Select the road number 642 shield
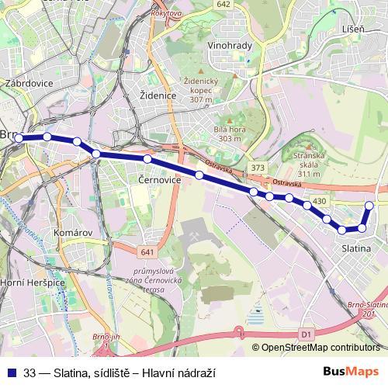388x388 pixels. tap(224, 4)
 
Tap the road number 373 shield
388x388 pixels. tap(258, 168)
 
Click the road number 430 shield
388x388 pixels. tap(320, 202)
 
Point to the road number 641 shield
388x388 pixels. tap(147, 252)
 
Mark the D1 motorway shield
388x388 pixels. tap(305, 334)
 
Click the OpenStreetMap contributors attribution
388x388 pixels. tap(320, 348)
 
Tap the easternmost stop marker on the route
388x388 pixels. tap(369, 205)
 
